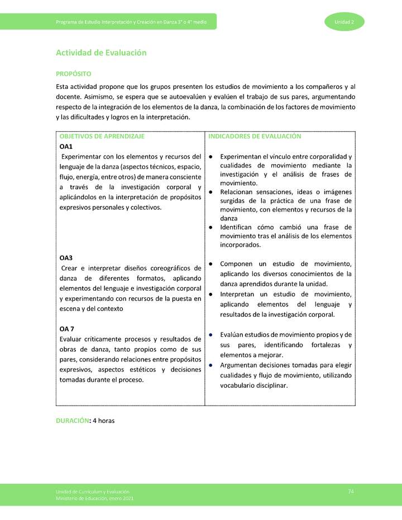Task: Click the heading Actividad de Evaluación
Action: tap(101, 52)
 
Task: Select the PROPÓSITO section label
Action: tap(74, 74)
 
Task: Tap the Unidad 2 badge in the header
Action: tap(344, 22)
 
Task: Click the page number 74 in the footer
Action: tap(351, 491)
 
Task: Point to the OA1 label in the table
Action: tap(66, 146)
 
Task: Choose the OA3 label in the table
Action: tap(66, 258)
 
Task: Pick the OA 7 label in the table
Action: tap(67, 329)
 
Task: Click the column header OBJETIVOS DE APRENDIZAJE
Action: tap(102, 136)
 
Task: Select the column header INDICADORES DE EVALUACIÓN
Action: tap(255, 136)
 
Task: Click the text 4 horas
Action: tap(104, 420)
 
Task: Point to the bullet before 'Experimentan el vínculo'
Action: tap(210, 157)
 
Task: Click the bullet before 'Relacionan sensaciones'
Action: tap(210, 192)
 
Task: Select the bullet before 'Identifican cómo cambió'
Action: tap(210, 227)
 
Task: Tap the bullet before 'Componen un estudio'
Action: tap(210, 263)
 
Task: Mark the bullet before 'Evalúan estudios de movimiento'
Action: tap(210, 334)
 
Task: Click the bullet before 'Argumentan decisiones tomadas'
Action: tap(210, 365)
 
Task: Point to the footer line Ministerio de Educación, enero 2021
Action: tap(94, 498)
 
